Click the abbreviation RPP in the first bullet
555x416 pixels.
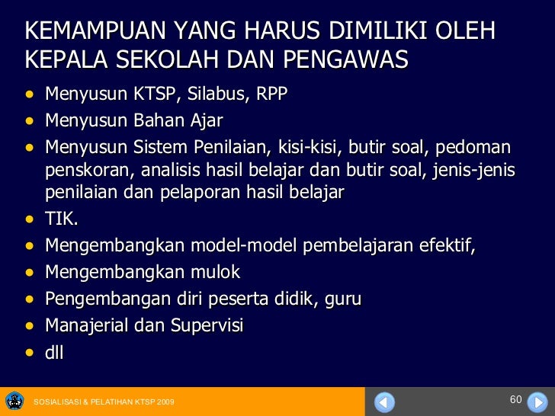pyautogui.click(x=272, y=94)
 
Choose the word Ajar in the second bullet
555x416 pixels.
pyautogui.click(x=205, y=120)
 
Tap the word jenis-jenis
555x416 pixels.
pyautogui.click(x=476, y=169)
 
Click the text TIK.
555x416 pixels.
pyautogui.click(x=61, y=220)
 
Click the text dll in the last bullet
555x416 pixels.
pyautogui.click(x=54, y=352)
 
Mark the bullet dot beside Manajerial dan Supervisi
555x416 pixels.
pyautogui.click(x=30, y=326)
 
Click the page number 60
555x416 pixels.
pyautogui.click(x=515, y=400)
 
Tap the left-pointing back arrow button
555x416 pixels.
pyautogui.click(x=385, y=401)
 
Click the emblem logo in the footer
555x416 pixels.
pyautogui.click(x=14, y=401)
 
